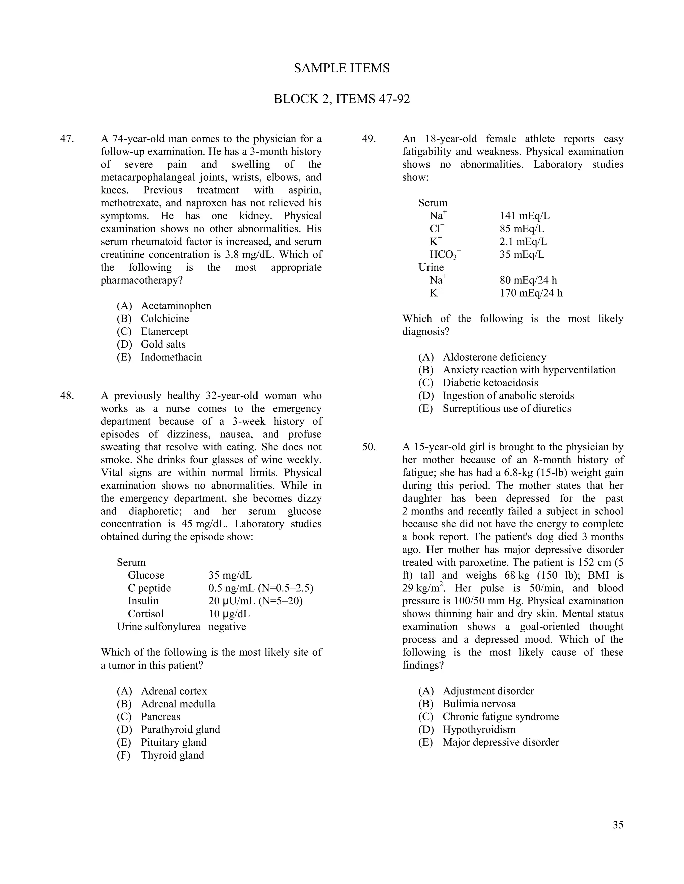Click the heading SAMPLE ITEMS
(342, 68)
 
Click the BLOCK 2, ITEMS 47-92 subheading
(342, 99)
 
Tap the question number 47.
(67, 139)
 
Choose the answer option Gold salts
(163, 344)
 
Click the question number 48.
(67, 395)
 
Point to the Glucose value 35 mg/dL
(230, 575)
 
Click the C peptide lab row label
(149, 588)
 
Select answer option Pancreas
(160, 717)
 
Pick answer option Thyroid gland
(172, 755)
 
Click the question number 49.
(369, 139)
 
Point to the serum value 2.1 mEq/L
(523, 242)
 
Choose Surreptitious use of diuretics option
(507, 408)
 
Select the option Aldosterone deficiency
(494, 357)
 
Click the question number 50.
(369, 447)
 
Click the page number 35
(618, 825)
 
